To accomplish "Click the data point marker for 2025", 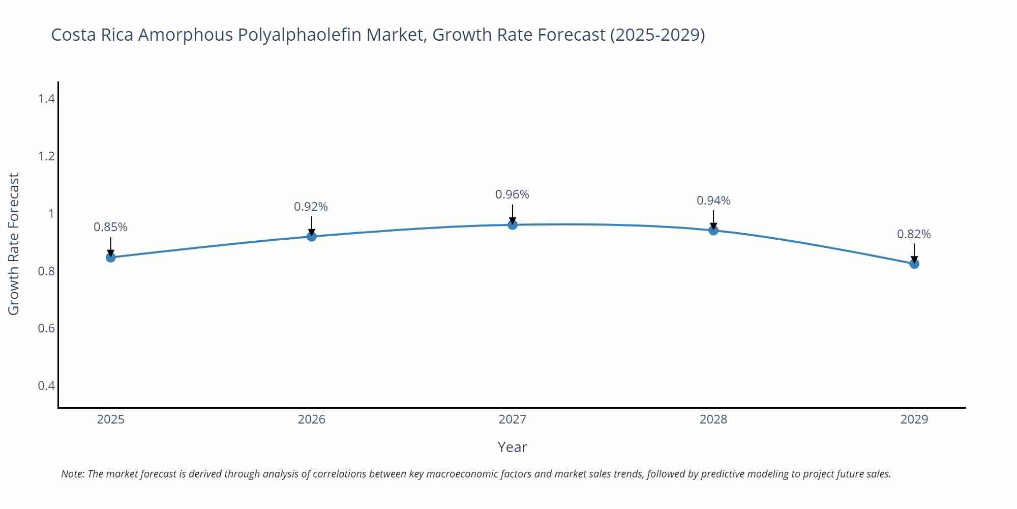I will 110,258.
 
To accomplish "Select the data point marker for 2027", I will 513,224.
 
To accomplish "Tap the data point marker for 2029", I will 914,264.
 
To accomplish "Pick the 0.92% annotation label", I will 311,207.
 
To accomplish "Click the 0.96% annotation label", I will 512,194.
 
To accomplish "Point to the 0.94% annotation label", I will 713,201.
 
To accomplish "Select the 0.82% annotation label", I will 914,234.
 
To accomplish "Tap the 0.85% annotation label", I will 110,227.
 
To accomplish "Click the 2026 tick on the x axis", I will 311,419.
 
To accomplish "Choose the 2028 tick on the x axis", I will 713,419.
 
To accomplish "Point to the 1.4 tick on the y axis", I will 46,99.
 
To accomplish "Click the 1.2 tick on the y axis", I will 46,156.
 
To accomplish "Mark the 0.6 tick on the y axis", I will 46,328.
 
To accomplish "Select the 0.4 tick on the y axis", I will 46,386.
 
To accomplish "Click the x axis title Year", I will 512,447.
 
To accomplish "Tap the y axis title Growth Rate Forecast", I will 14,244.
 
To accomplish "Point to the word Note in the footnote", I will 72,474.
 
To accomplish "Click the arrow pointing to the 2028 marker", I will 713,220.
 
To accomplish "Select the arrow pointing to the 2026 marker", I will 311,226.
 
